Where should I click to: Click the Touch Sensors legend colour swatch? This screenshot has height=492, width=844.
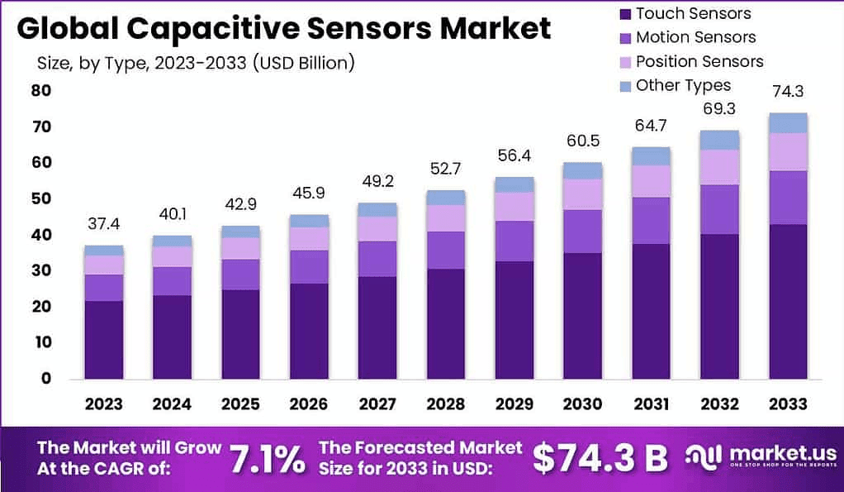pos(624,13)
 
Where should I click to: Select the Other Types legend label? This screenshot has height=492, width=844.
pos(683,85)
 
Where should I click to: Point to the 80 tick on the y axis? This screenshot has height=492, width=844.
pos(40,91)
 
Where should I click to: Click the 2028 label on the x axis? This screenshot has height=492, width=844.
pos(446,404)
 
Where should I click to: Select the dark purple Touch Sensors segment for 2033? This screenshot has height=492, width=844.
pos(787,301)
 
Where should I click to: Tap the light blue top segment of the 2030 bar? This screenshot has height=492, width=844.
pos(582,170)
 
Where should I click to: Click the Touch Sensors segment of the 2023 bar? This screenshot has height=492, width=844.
pos(103,339)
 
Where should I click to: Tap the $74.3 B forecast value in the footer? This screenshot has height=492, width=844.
pos(600,459)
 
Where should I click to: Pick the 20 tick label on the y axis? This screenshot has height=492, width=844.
pos(40,307)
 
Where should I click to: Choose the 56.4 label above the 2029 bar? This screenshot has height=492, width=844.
pos(514,156)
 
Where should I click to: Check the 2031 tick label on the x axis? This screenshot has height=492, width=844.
pos(651,404)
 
